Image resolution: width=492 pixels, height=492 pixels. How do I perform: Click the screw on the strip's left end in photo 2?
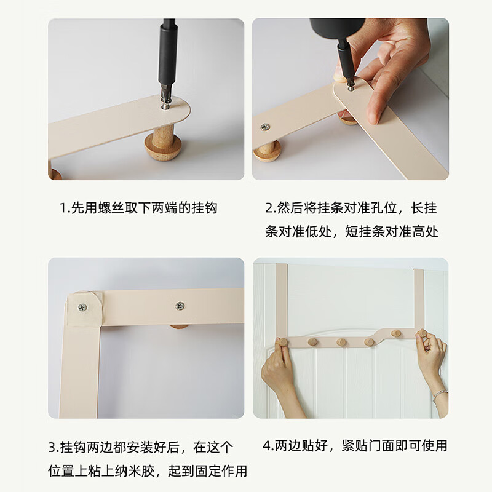265,127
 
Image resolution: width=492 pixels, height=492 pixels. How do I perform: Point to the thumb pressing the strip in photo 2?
341,74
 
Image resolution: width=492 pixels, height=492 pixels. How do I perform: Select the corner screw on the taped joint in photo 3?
82,307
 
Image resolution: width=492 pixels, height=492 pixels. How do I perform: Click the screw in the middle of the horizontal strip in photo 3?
180,306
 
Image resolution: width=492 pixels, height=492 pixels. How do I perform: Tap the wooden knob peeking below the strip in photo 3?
179,327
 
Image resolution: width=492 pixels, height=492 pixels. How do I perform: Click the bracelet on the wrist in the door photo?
440,396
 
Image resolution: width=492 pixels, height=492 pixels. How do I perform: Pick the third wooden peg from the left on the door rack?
342,342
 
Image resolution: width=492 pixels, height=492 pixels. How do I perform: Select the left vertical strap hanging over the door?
282,300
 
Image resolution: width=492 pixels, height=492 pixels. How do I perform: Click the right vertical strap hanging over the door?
419,299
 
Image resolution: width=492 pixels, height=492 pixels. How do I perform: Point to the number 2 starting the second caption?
269,208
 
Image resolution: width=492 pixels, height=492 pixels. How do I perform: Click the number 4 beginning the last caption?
267,445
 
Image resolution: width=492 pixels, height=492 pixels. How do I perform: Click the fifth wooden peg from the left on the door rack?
395,333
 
